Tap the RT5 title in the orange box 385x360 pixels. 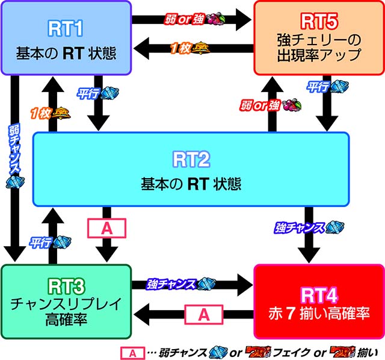[x=318, y=22]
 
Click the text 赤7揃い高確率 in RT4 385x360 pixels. [x=318, y=314]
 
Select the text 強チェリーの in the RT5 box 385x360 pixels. [x=318, y=41]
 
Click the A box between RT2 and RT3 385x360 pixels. [x=107, y=228]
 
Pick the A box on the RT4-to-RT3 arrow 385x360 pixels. [x=203, y=313]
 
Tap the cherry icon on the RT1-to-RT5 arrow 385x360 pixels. [x=214, y=19]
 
